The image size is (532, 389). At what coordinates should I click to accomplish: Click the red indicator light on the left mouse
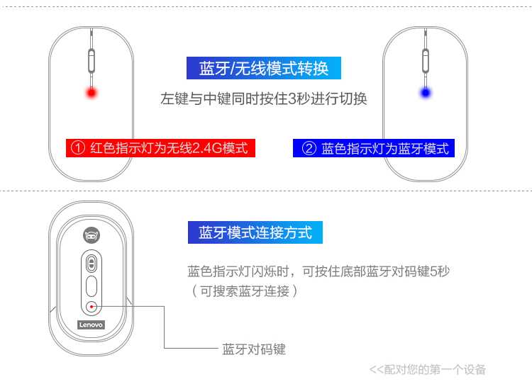pyautogui.click(x=91, y=93)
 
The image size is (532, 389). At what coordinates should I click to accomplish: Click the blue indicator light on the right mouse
pyautogui.click(x=426, y=93)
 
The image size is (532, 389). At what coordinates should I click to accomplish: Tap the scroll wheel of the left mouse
pyautogui.click(x=91, y=60)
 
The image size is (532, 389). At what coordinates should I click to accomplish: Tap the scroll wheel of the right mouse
pyautogui.click(x=426, y=60)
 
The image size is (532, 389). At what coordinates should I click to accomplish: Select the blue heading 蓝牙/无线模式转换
pyautogui.click(x=264, y=68)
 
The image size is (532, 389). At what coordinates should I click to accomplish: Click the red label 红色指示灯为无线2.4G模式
pyautogui.click(x=160, y=148)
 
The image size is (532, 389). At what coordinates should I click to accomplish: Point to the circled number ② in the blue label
pyautogui.click(x=309, y=148)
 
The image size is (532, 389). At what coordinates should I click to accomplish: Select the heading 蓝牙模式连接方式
pyautogui.click(x=255, y=232)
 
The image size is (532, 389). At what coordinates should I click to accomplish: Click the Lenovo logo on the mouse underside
pyautogui.click(x=91, y=325)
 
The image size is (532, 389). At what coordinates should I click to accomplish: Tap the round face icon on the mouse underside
pyautogui.click(x=91, y=235)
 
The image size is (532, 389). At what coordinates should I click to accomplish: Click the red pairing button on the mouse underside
pyautogui.click(x=91, y=306)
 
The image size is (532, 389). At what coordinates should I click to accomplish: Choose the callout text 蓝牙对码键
pyautogui.click(x=254, y=349)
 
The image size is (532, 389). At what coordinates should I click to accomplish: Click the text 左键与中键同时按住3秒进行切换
pyautogui.click(x=264, y=98)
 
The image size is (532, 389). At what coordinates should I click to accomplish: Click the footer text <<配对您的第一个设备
pyautogui.click(x=428, y=369)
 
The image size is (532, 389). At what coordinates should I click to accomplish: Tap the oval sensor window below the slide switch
pyautogui.click(x=91, y=286)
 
